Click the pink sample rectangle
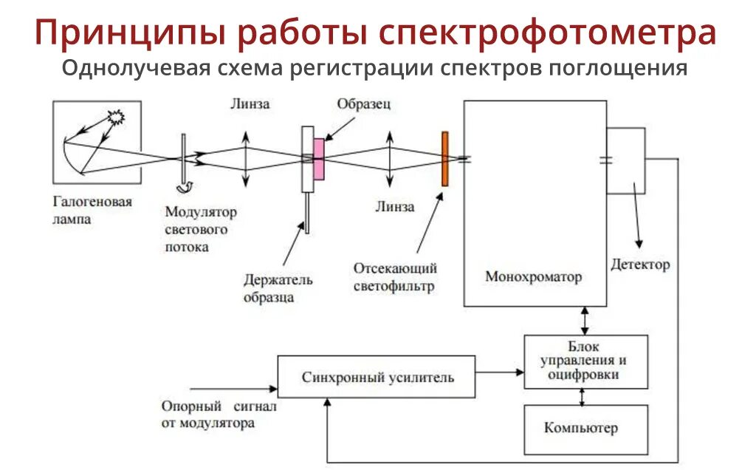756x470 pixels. coord(318,159)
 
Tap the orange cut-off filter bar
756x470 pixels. coord(444,159)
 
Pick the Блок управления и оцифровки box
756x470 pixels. coord(585,362)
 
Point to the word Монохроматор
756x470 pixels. coord(533,277)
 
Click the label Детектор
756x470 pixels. coord(639,264)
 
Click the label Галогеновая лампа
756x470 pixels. coord(92,210)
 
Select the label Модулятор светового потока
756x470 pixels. coord(201,230)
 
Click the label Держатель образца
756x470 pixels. coord(278,288)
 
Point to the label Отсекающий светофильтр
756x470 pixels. coord(395,276)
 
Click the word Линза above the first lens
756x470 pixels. coord(249,104)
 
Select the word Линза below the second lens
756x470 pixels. coord(394,207)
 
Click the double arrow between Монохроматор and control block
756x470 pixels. coord(585,320)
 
